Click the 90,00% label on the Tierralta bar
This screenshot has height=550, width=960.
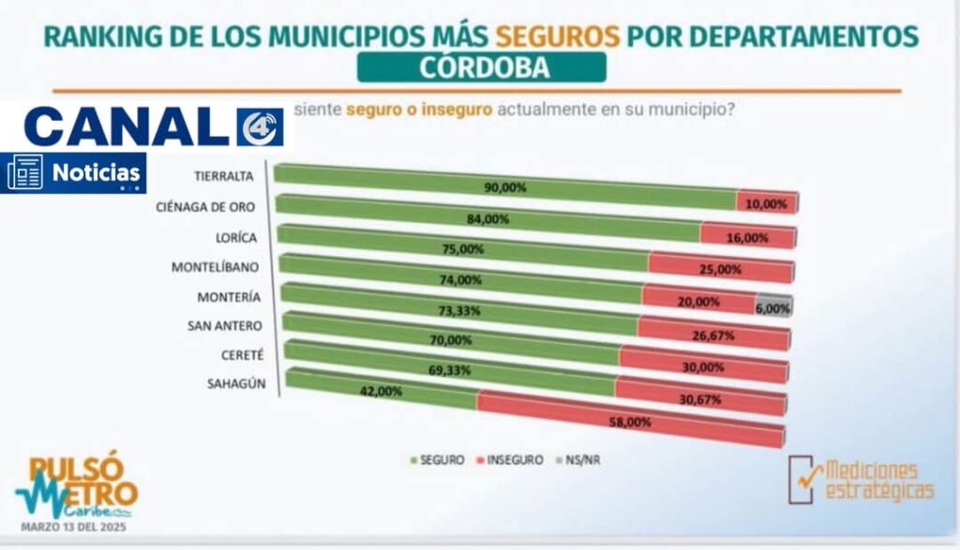tap(505, 187)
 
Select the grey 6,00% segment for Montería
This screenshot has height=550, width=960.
tap(773, 304)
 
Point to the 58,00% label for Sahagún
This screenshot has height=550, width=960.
tap(630, 423)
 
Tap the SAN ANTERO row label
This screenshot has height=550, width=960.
tap(227, 325)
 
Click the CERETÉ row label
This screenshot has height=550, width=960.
tap(241, 355)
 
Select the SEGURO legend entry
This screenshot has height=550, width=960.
tap(436, 460)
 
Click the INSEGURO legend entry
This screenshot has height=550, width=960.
tap(512, 460)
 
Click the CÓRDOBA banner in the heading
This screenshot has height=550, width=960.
tap(482, 67)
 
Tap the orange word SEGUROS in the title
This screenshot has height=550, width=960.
tap(558, 37)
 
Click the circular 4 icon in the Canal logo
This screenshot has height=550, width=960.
tap(258, 128)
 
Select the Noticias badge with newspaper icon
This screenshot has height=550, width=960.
tap(75, 172)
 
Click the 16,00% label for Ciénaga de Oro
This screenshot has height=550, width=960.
tap(747, 238)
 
